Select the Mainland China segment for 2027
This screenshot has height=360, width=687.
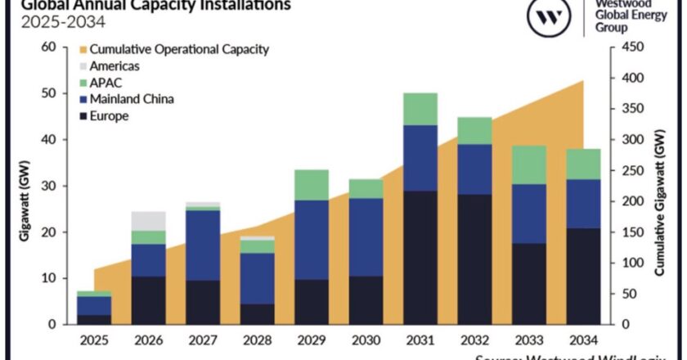pos(202,245)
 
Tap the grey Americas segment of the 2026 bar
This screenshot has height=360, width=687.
pos(147,221)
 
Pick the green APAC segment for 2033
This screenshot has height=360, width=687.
pos(529,164)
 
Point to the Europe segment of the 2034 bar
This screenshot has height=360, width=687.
pos(584,277)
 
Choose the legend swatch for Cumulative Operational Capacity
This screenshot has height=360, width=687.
pos(83,49)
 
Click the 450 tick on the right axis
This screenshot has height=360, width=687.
pos(628,47)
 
